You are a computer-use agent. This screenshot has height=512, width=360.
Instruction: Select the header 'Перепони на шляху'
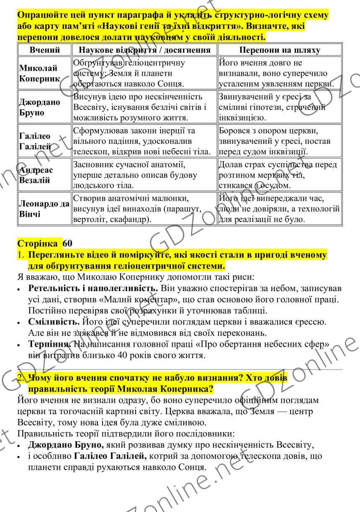[x=280, y=50]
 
